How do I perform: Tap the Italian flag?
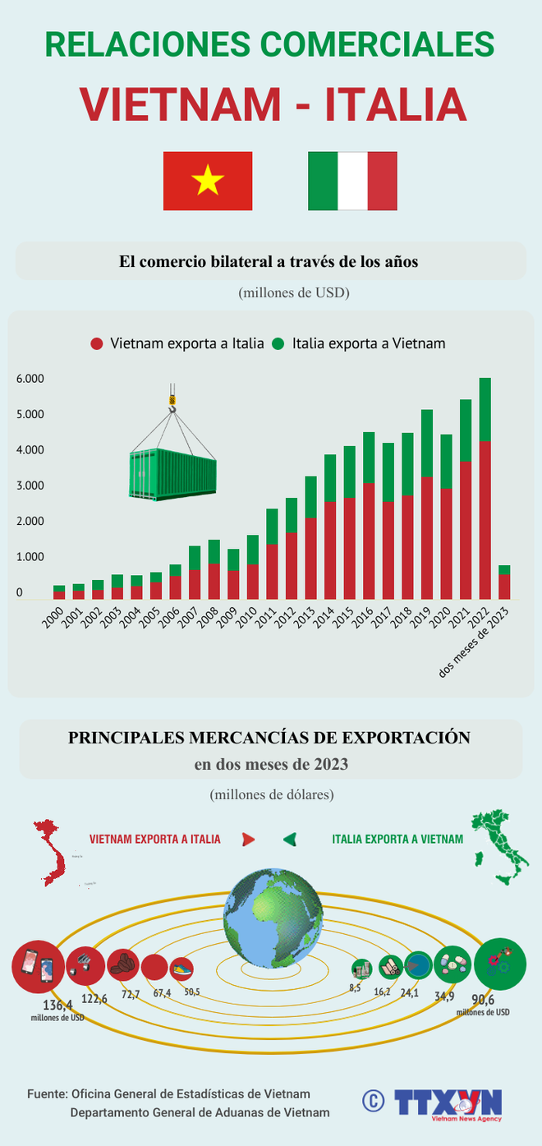[x=352, y=181]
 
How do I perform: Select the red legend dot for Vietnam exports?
[x=97, y=343]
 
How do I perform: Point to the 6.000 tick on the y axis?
[x=30, y=379]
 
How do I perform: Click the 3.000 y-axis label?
[x=30, y=486]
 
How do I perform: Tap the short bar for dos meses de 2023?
[x=504, y=582]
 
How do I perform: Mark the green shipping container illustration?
[x=172, y=475]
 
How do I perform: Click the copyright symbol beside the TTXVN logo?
[x=374, y=1100]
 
